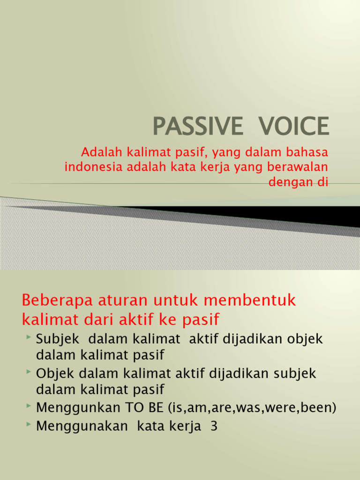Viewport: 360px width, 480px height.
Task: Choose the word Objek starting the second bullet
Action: coord(56,374)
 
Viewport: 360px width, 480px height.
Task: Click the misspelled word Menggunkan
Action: coord(78,408)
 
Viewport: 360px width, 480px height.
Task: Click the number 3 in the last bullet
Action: coord(214,427)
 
